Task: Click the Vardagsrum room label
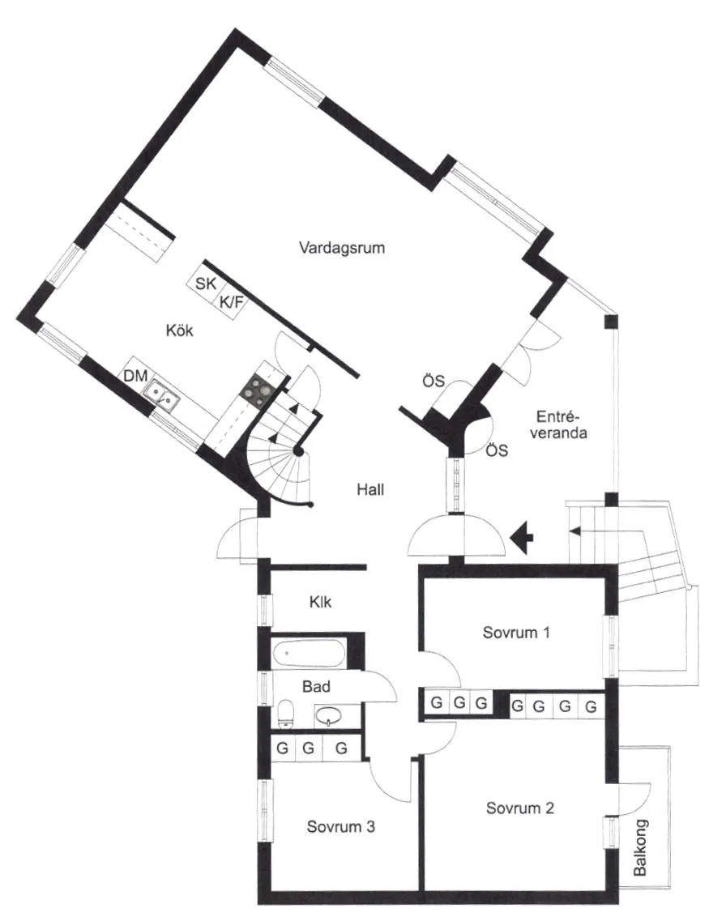coord(341,247)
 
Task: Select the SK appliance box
coord(207,284)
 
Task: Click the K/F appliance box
coord(231,302)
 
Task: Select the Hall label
coord(369,489)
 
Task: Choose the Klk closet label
coord(320,603)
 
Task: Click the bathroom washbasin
coord(331,715)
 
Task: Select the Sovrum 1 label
coord(515,632)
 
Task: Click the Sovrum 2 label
coord(520,808)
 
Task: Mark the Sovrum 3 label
coord(340,827)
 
